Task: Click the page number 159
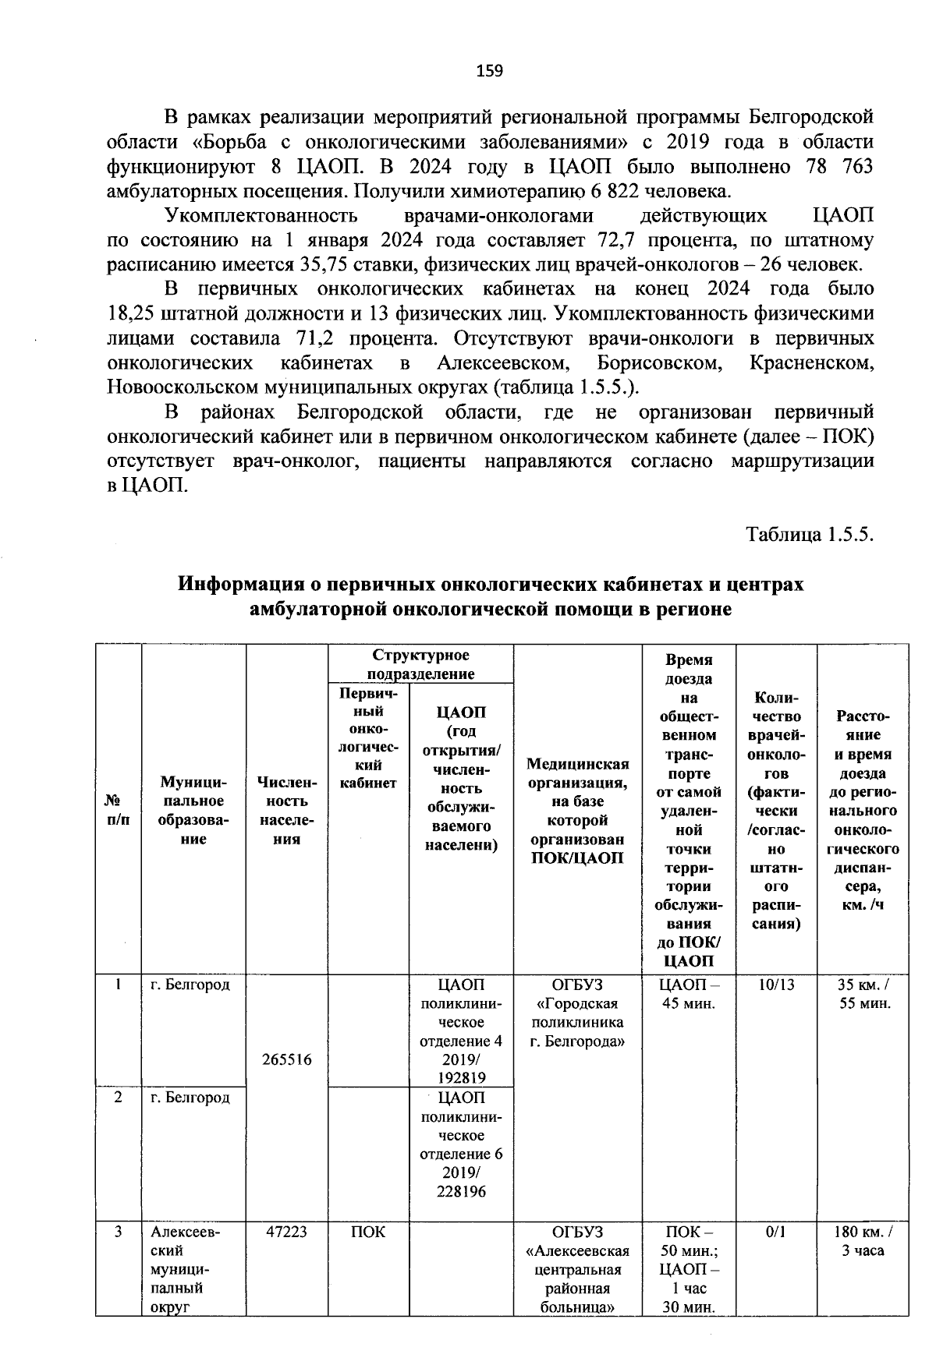(x=490, y=71)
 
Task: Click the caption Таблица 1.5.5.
(x=810, y=535)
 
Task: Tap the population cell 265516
(x=287, y=1059)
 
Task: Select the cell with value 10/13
(x=776, y=985)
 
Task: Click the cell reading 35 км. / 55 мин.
(x=863, y=994)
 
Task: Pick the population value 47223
(x=287, y=1232)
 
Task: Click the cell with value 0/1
(x=776, y=1232)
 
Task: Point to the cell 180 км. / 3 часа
(x=863, y=1241)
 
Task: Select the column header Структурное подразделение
(x=420, y=664)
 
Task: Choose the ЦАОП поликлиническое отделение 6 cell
(x=462, y=1144)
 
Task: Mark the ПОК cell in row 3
(x=368, y=1232)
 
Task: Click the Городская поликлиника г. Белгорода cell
(x=577, y=1013)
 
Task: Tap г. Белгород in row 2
(x=190, y=1098)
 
